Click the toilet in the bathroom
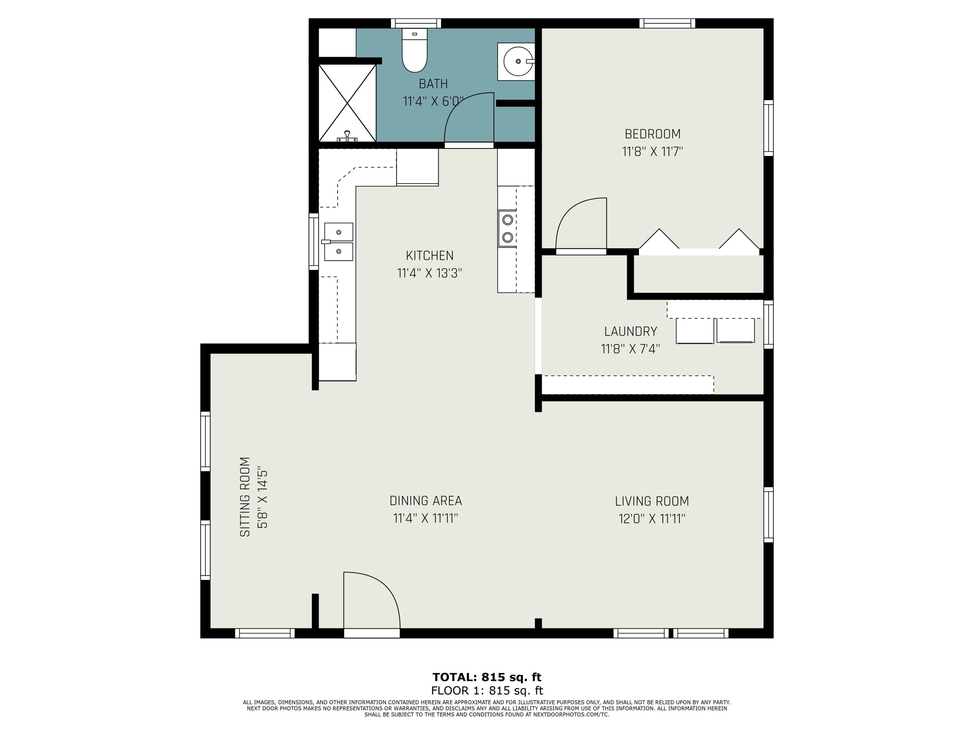pyautogui.click(x=414, y=50)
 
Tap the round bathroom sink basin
pyautogui.click(x=518, y=61)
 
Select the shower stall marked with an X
pyautogui.click(x=347, y=103)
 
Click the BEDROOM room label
pyautogui.click(x=653, y=134)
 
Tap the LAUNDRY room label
pyautogui.click(x=631, y=331)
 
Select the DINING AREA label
pyautogui.click(x=426, y=501)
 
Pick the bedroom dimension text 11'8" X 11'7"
pyautogui.click(x=653, y=152)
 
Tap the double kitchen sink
pyautogui.click(x=338, y=241)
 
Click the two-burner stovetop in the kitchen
pyautogui.click(x=507, y=228)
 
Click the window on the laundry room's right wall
pyautogui.click(x=768, y=324)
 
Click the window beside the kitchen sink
pyautogui.click(x=314, y=241)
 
